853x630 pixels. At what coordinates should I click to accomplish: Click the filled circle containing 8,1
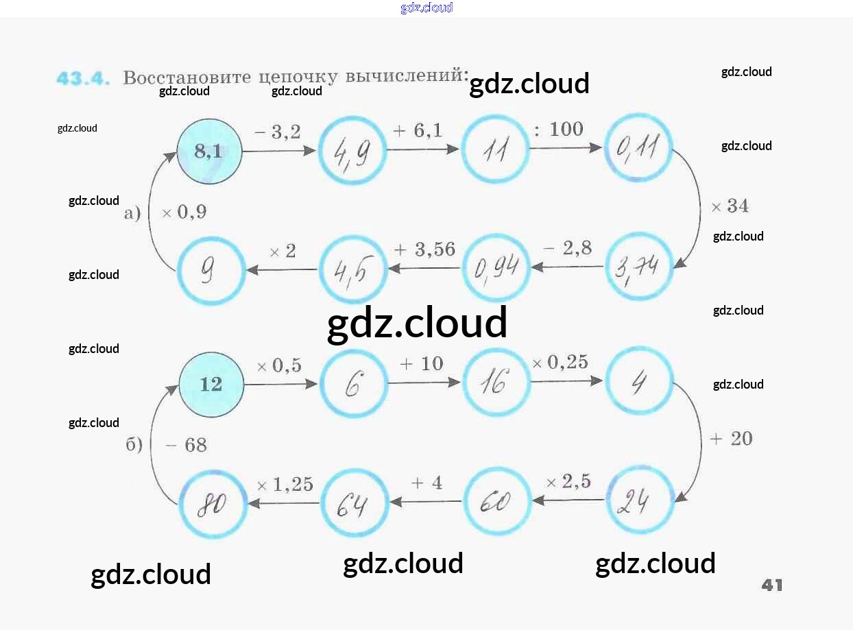[x=210, y=152]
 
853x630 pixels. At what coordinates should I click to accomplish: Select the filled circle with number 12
[x=211, y=384]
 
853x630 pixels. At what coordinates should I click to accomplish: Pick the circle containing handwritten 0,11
[x=638, y=148]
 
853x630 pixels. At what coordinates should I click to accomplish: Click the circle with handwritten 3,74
[x=639, y=267]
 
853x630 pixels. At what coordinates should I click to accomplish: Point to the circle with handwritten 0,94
[x=496, y=268]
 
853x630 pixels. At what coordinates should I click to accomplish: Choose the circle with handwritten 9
[x=211, y=271]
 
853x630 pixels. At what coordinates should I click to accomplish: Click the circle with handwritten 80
[x=212, y=504]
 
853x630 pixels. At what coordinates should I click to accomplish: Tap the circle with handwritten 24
[x=640, y=501]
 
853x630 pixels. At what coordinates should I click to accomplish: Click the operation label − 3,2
[x=278, y=132]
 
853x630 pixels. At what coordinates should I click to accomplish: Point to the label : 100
[x=558, y=129]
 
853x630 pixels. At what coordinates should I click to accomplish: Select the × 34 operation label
[x=730, y=206]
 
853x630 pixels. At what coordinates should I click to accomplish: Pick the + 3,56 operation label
[x=424, y=250]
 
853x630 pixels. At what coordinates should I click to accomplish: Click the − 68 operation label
[x=186, y=446]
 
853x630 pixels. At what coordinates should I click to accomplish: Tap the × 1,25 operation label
[x=285, y=485]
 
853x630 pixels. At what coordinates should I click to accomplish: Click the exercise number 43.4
[x=83, y=78]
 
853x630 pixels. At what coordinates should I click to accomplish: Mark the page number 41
[x=772, y=585]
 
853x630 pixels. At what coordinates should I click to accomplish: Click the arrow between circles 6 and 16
[x=423, y=383]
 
